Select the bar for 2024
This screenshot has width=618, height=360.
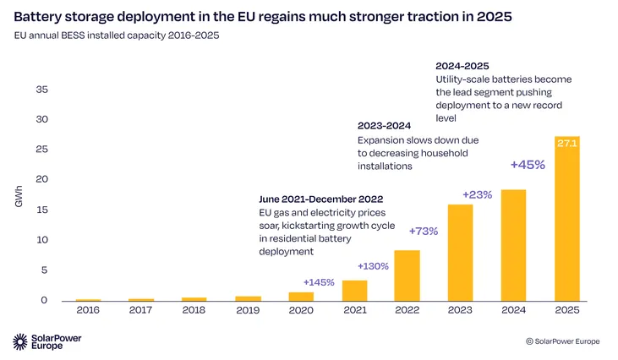(513, 245)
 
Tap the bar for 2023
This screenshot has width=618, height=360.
(460, 253)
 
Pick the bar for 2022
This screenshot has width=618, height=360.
(407, 275)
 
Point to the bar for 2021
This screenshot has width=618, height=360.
(354, 291)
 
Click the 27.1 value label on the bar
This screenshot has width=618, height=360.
(566, 144)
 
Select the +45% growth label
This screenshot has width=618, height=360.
(528, 164)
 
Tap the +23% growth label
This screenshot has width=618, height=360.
(477, 195)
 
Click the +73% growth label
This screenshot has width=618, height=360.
(423, 231)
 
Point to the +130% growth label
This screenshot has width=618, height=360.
(372, 265)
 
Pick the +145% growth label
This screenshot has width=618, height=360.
(319, 281)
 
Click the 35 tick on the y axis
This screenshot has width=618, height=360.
(41, 89)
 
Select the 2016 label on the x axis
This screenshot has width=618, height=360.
(88, 310)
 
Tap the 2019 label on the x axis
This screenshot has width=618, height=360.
(248, 310)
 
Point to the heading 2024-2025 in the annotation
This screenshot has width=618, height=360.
(462, 65)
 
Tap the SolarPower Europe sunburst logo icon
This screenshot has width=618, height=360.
(21, 341)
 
